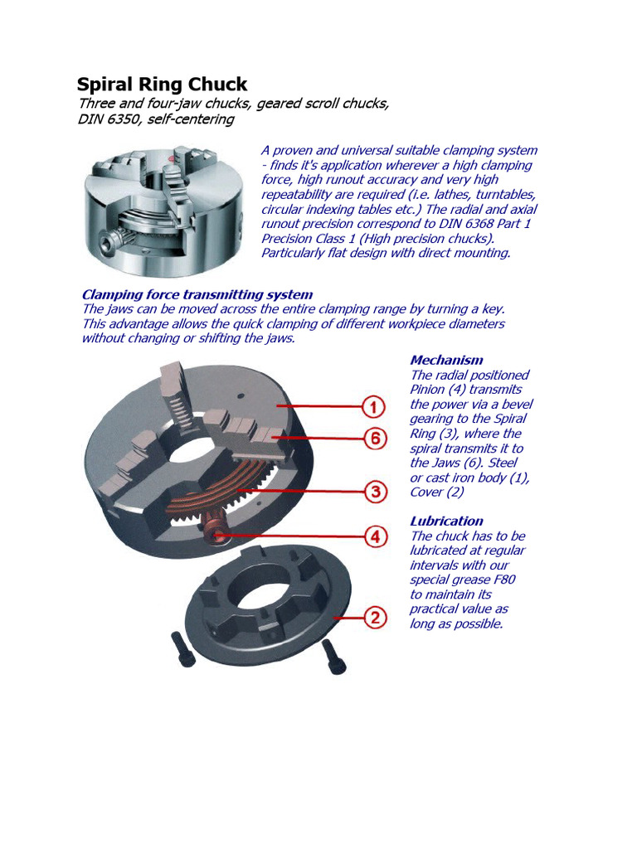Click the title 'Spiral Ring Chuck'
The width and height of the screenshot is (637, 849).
click(x=162, y=85)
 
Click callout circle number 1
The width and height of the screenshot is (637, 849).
click(x=375, y=407)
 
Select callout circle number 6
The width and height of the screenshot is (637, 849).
click(x=375, y=438)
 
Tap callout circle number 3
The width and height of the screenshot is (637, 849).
click(x=375, y=492)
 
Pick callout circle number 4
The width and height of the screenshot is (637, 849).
click(x=375, y=536)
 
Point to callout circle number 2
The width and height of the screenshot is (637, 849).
click(x=375, y=617)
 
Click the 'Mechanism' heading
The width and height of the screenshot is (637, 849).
click(x=446, y=360)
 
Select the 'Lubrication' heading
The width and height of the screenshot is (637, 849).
click(x=446, y=521)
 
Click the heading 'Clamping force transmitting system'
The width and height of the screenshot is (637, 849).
click(x=197, y=294)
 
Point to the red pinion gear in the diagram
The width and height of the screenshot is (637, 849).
click(x=215, y=528)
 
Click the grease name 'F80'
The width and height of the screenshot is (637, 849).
click(x=501, y=580)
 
